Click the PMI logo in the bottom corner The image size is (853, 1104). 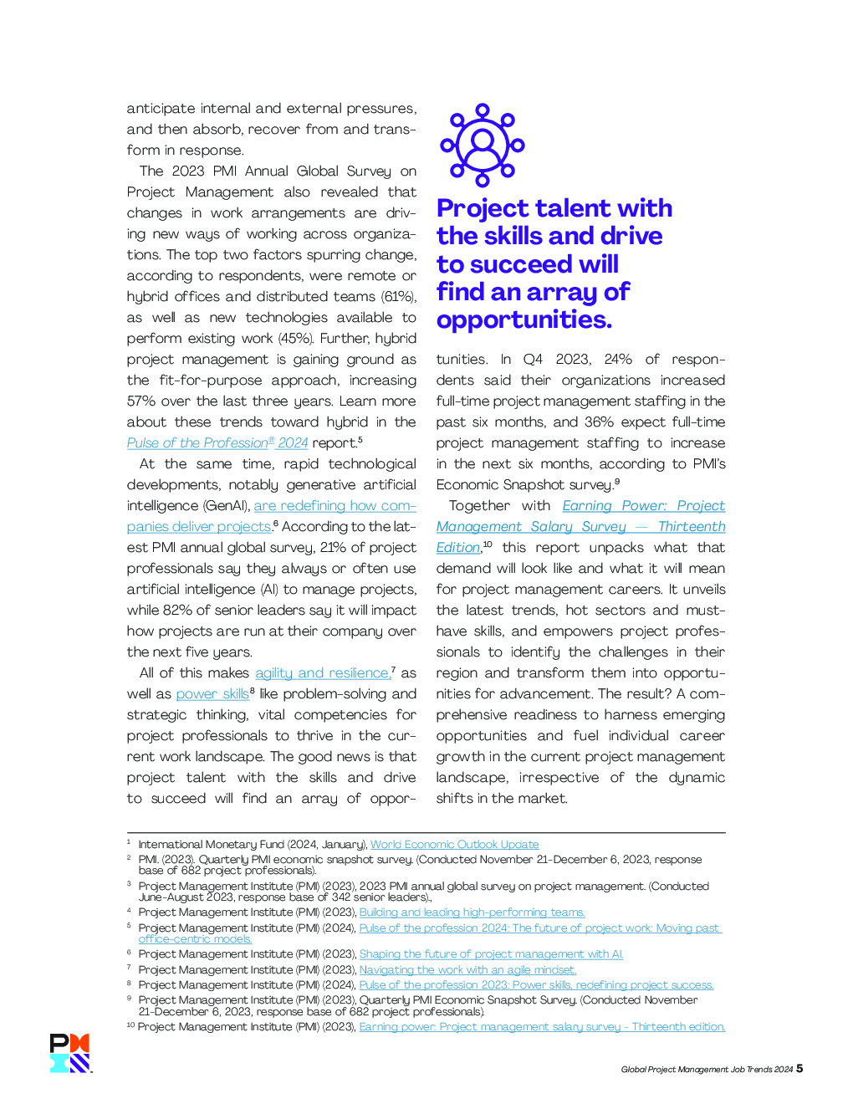pyautogui.click(x=69, y=1053)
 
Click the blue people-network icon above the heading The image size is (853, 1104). pyautogui.click(x=483, y=144)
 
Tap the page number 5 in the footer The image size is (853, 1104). pyautogui.click(x=800, y=1068)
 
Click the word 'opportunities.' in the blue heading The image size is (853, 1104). pyautogui.click(x=524, y=319)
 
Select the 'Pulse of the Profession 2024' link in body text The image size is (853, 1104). pyautogui.click(x=217, y=443)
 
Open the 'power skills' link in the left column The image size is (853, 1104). pyautogui.click(x=212, y=694)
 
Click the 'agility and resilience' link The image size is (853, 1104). pyautogui.click(x=323, y=673)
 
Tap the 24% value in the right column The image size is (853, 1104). pyautogui.click(x=618, y=360)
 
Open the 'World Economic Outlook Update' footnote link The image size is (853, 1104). pyautogui.click(x=454, y=845)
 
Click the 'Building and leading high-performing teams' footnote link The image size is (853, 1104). pyautogui.click(x=472, y=912)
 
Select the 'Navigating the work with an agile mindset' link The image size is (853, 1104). pyautogui.click(x=467, y=970)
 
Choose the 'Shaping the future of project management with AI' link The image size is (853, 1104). pyautogui.click(x=491, y=954)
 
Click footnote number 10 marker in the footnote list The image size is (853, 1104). pyautogui.click(x=130, y=1026)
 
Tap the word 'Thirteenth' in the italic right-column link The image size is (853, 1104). pyautogui.click(x=692, y=527)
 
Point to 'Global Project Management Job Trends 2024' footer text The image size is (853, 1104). pyautogui.click(x=707, y=1070)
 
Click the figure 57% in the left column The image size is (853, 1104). pyautogui.click(x=141, y=401)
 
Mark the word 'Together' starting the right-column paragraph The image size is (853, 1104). pyautogui.click(x=479, y=506)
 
